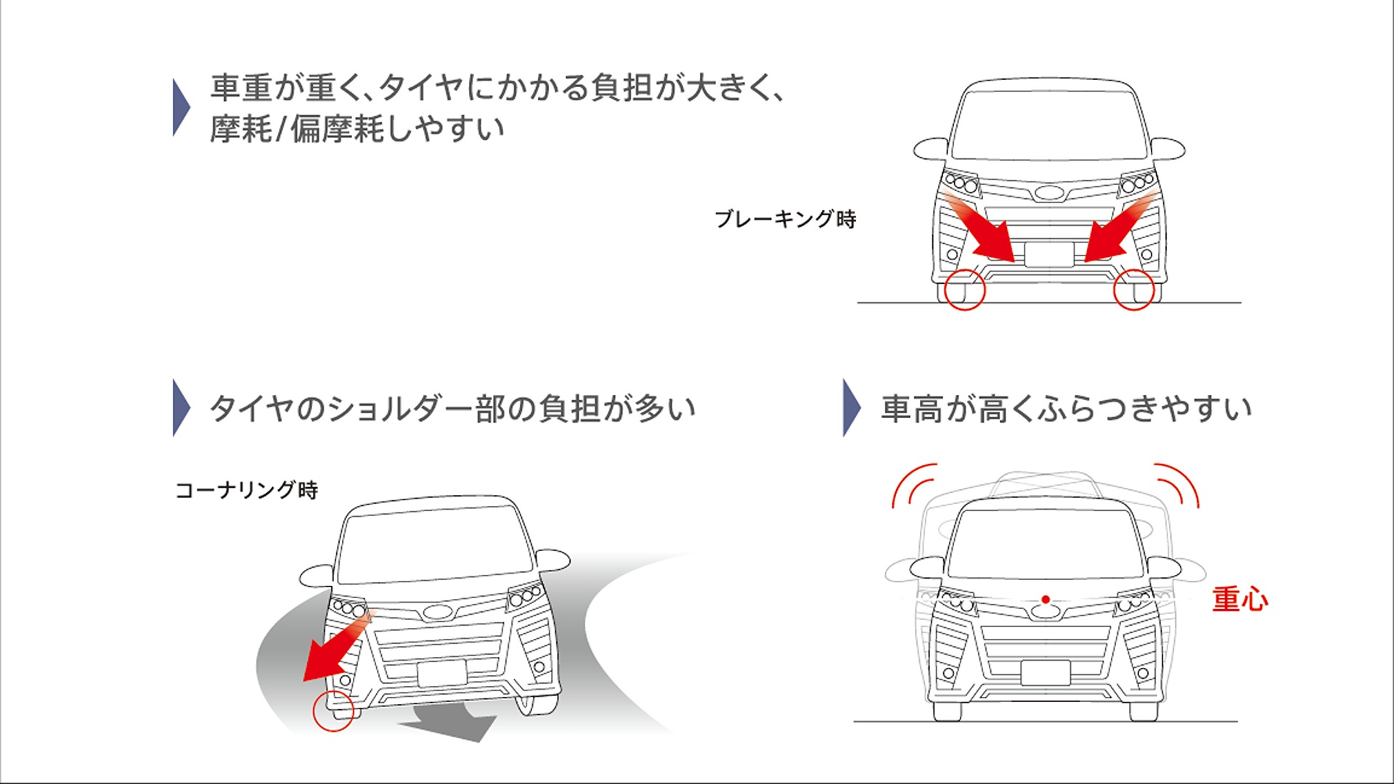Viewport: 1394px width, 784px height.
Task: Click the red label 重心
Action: [1240, 600]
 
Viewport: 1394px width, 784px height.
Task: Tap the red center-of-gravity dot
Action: [1045, 600]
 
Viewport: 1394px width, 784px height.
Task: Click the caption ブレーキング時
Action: [786, 219]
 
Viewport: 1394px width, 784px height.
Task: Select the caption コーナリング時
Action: [247, 490]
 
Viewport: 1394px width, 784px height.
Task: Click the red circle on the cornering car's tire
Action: [333, 711]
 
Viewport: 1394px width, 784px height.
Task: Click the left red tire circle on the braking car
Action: [965, 289]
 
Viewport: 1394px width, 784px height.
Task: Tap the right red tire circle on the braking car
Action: [1133, 289]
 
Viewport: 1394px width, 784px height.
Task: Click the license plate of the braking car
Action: [1049, 255]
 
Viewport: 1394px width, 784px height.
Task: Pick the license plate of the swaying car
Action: [1045, 673]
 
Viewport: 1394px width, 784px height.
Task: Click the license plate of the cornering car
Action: [442, 674]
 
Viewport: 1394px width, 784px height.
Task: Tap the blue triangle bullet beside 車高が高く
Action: [850, 407]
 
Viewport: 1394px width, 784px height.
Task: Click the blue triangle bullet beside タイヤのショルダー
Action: [180, 407]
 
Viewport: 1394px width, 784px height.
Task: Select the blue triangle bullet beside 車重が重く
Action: [180, 107]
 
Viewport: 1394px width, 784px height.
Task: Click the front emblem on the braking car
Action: [1048, 193]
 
